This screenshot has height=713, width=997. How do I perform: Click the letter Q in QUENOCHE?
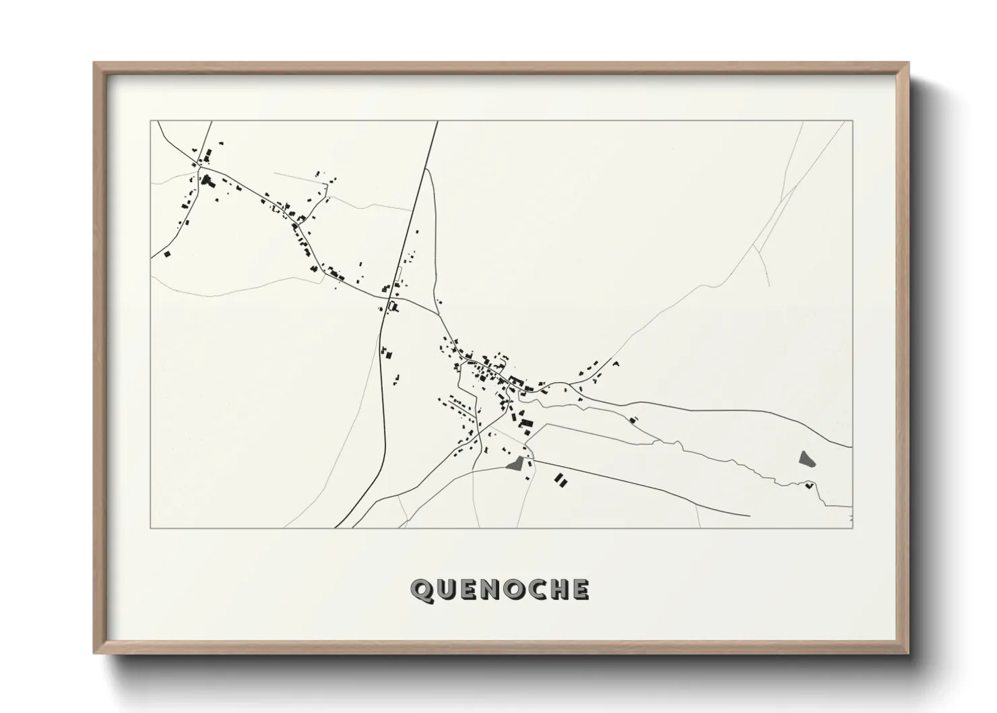(x=422, y=590)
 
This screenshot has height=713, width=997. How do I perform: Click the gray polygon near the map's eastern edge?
(x=806, y=459)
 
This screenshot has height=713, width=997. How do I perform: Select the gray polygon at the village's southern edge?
(x=516, y=463)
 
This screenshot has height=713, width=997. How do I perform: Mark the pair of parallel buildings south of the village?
(x=560, y=479)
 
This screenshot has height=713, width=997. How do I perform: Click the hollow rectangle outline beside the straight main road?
(x=398, y=276)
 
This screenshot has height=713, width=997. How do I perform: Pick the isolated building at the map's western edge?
(x=166, y=254)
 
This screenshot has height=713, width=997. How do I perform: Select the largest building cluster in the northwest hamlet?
(x=205, y=180)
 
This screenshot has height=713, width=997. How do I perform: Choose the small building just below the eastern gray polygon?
(x=809, y=485)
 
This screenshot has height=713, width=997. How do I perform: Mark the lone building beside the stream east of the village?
(x=633, y=419)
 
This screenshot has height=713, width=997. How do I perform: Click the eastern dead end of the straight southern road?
(x=750, y=516)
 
